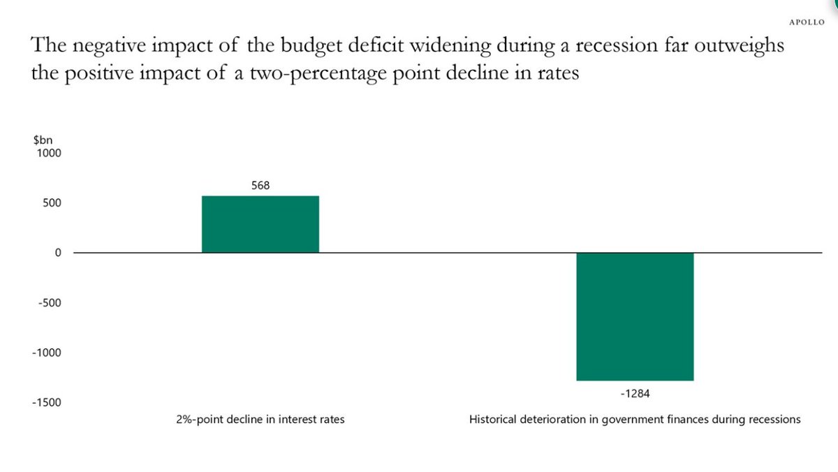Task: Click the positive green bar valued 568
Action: [260, 224]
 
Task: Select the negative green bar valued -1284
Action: [634, 316]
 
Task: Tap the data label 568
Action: [260, 186]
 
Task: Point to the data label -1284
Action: [635, 393]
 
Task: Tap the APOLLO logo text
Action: [807, 22]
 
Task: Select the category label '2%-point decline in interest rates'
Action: [260, 420]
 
